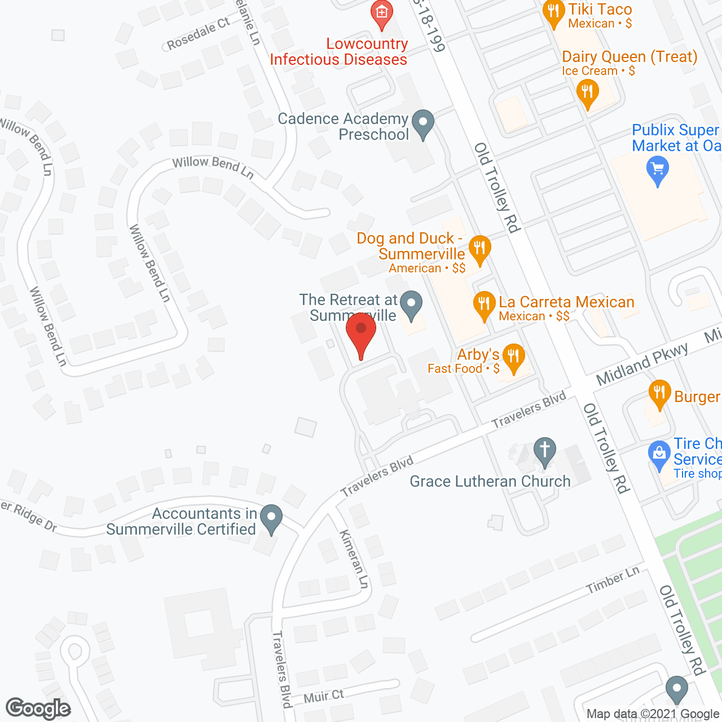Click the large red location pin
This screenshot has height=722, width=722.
(361, 333)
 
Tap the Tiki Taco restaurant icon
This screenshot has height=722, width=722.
(554, 14)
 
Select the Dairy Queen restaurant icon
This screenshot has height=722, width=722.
(587, 93)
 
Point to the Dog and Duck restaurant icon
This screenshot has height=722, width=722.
(479, 249)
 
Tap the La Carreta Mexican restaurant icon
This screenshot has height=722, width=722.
(484, 306)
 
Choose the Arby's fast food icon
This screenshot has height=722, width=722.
(513, 358)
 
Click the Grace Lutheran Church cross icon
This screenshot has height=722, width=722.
(545, 451)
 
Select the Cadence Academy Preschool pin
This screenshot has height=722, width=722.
(423, 124)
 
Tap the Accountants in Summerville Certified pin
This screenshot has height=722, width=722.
(272, 518)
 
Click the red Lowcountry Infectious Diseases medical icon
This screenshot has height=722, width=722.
(382, 14)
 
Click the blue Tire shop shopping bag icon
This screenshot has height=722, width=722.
(659, 455)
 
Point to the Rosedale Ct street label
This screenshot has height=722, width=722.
(198, 33)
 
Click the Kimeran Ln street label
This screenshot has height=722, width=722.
(354, 558)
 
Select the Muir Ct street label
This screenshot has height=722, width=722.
(323, 697)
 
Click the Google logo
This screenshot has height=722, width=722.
(38, 708)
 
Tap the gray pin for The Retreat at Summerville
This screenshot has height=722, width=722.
(412, 305)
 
